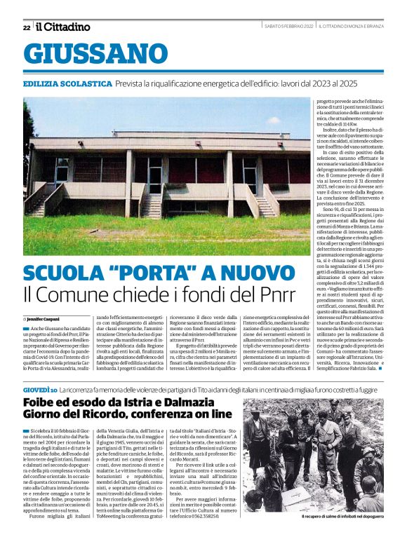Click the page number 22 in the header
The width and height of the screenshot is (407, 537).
click(27, 27)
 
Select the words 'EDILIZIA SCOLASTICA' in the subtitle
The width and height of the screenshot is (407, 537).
click(67, 83)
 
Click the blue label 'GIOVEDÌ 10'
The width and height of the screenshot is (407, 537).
click(39, 388)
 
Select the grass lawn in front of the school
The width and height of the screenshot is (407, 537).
click(161, 235)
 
